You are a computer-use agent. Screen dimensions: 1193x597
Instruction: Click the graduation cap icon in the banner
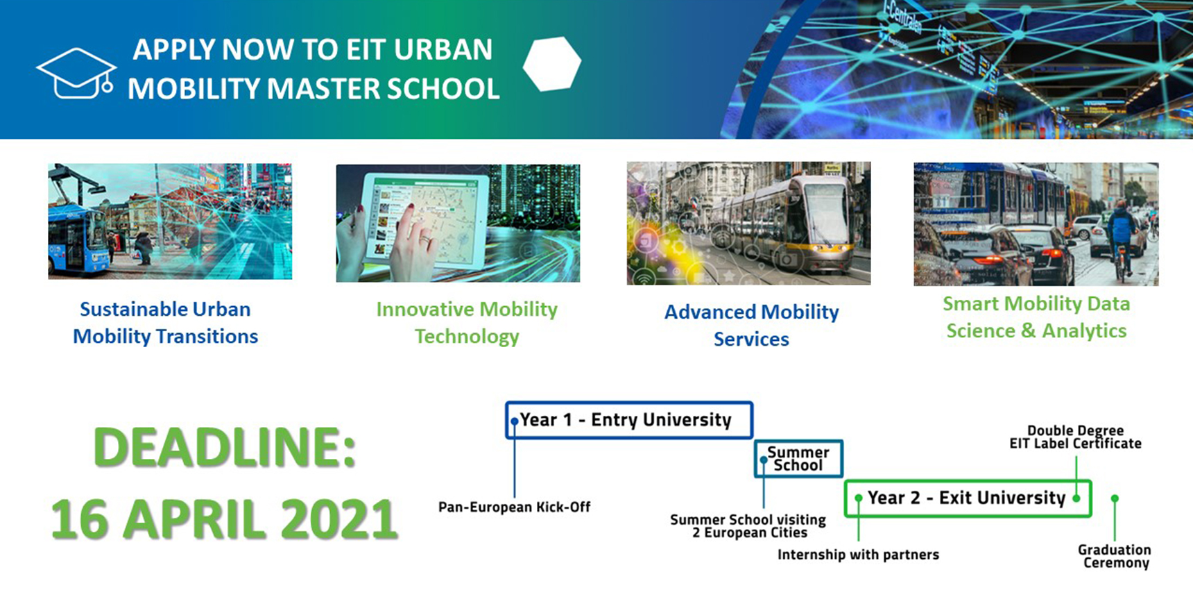(x=76, y=73)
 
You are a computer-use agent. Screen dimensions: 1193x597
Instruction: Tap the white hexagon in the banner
(x=552, y=64)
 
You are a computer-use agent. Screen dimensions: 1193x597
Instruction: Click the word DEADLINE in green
(x=225, y=447)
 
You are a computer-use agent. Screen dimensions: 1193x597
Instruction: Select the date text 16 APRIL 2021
(x=225, y=519)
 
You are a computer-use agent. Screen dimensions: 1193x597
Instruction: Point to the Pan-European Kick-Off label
(x=514, y=507)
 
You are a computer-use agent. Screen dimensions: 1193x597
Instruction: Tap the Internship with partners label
(x=858, y=554)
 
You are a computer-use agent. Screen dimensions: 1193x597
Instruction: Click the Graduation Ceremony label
(x=1115, y=556)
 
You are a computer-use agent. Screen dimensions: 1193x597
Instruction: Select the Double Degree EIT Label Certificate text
(x=1075, y=437)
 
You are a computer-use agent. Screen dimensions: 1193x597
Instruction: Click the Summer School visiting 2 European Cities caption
(x=748, y=526)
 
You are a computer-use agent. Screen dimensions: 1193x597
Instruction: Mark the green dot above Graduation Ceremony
(x=1115, y=498)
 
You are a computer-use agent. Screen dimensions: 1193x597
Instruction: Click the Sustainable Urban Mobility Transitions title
(x=165, y=322)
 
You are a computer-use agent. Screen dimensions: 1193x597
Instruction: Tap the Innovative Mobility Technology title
(x=467, y=322)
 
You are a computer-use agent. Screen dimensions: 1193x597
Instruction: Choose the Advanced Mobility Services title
(x=751, y=325)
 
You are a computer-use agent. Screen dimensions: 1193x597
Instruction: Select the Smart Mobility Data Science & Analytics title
(x=1036, y=317)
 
